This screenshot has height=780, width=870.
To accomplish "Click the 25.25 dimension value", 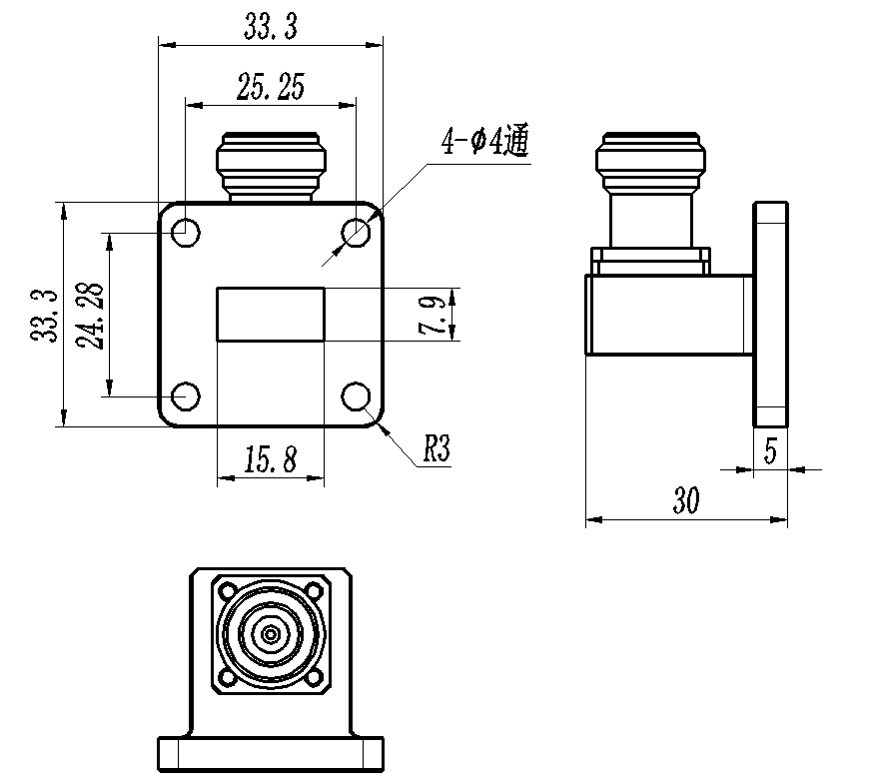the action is click(x=271, y=87).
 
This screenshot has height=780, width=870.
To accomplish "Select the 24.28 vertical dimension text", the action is click(x=90, y=316).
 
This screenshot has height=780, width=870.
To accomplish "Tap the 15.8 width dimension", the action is click(x=271, y=459).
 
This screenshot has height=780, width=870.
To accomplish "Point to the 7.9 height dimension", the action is click(x=432, y=315).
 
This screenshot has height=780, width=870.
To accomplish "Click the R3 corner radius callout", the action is click(x=436, y=448).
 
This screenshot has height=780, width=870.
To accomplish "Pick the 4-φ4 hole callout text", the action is click(x=484, y=141).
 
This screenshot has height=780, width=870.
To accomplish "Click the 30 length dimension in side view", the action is click(x=686, y=499).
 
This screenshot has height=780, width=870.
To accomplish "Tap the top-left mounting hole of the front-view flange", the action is click(x=186, y=233).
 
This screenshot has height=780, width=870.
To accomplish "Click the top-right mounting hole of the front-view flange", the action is click(x=357, y=232).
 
